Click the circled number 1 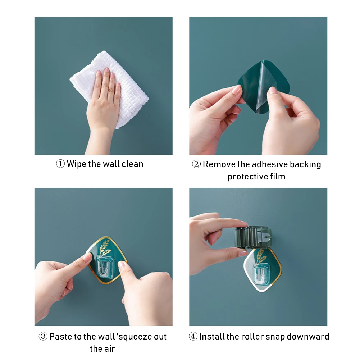pyautogui.click(x=60, y=164)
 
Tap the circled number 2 pyautogui.click(x=196, y=164)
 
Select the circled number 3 pyautogui.click(x=43, y=336)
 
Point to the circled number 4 pyautogui.click(x=193, y=336)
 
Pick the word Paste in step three pyautogui.click(x=59, y=337)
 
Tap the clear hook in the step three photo pyautogui.click(x=105, y=266)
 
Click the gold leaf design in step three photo pyautogui.click(x=105, y=247)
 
